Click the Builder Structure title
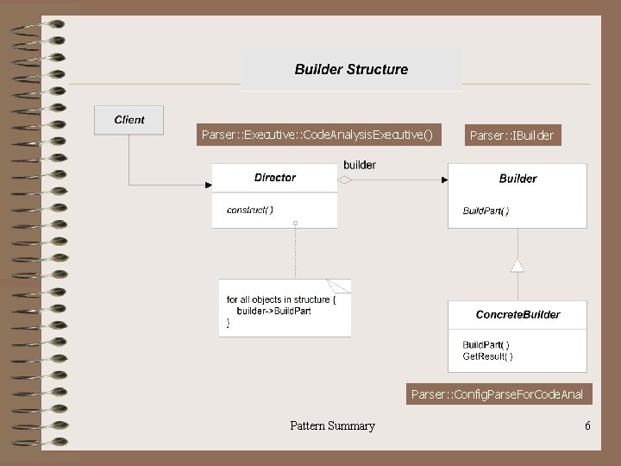coord(351,70)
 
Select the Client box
coord(129,120)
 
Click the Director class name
coord(274,178)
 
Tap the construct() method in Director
coord(250,210)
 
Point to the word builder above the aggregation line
coord(360,165)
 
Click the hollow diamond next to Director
coord(345,180)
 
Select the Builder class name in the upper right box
coord(517,179)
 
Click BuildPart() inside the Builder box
coord(486,211)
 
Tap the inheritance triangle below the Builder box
coord(517,266)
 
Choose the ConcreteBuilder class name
coord(517,315)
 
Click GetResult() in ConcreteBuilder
coord(487,356)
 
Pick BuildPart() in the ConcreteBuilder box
coord(486,345)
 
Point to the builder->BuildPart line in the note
coord(274,311)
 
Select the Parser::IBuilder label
coord(512,135)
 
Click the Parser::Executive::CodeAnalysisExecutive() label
coord(317,135)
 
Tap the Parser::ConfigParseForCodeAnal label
coord(497,395)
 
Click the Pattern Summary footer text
coord(332,425)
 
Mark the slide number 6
coord(587,425)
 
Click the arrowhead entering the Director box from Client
coord(208,185)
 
